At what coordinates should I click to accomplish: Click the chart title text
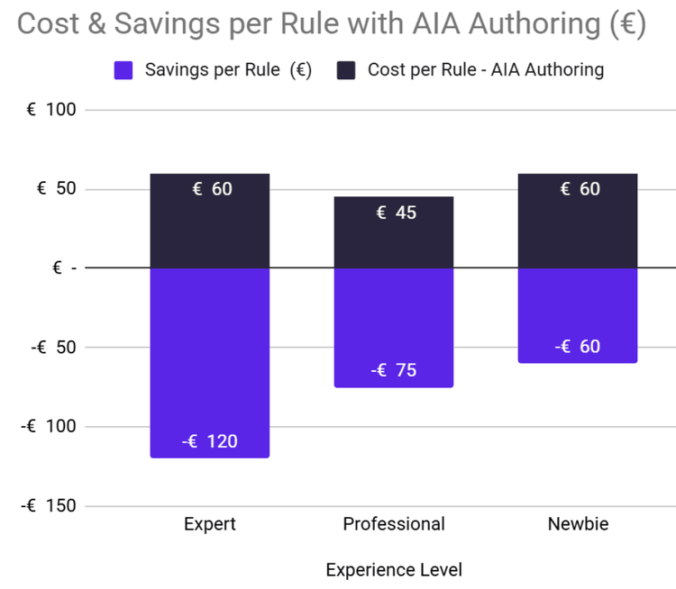(332, 24)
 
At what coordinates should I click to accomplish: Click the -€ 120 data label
(209, 441)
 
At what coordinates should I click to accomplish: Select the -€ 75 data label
(394, 370)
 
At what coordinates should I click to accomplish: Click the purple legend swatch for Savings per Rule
(124, 69)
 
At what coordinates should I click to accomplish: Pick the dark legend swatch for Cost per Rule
(346, 69)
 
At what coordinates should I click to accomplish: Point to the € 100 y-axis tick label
(52, 110)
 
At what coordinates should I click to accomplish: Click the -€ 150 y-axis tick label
(49, 505)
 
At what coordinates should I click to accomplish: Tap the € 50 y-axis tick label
(56, 189)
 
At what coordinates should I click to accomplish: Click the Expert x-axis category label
(209, 524)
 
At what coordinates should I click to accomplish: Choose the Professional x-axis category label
(394, 524)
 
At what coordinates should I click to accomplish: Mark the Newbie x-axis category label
(578, 524)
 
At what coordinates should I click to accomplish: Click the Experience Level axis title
(394, 570)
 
